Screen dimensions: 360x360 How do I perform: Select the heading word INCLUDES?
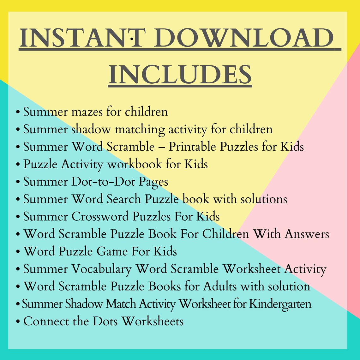coord(180,75)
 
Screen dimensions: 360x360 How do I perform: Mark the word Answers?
coord(307,234)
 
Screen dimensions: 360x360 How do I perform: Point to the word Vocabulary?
coord(101,269)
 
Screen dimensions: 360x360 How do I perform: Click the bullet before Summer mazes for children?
coord(18,112)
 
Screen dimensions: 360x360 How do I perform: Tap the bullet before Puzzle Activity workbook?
coord(18,165)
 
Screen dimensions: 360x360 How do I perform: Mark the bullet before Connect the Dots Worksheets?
coord(18,322)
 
